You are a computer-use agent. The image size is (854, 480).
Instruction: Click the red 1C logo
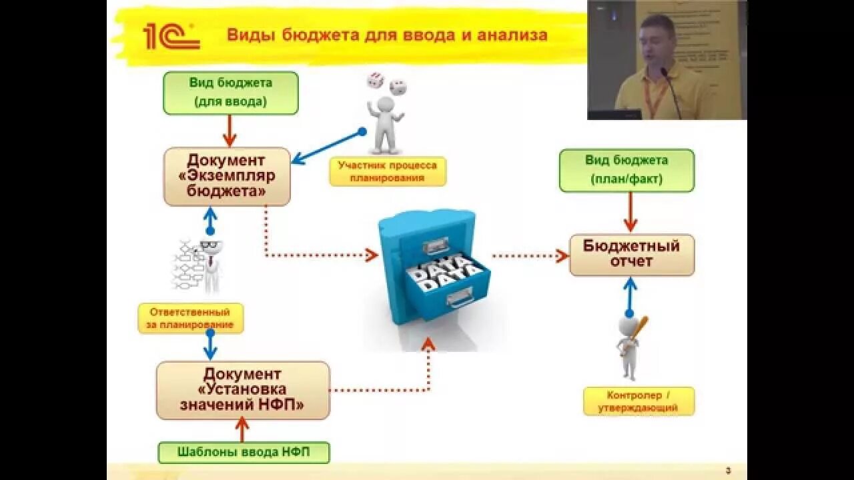point(171,37)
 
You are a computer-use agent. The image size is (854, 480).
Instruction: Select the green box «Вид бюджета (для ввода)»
point(231,93)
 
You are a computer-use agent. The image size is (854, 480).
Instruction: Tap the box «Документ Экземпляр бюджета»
point(227,177)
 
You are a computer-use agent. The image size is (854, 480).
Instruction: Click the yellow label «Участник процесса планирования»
point(387,171)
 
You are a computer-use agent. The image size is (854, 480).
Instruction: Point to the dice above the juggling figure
point(386,83)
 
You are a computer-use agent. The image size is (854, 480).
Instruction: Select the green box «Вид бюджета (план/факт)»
point(626,170)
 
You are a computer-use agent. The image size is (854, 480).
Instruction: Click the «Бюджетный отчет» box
point(631,254)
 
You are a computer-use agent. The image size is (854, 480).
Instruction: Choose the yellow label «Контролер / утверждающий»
point(638,401)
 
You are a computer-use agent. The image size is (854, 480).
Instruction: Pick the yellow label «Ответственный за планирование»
point(191,319)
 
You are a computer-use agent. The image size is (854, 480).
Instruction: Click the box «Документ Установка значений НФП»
point(243,390)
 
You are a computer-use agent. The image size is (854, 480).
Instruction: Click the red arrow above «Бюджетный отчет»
point(630,212)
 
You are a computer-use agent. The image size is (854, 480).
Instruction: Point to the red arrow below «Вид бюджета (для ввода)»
point(230,130)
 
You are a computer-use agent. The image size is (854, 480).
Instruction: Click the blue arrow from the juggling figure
point(327,147)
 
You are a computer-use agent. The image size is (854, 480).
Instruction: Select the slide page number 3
point(728,471)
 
